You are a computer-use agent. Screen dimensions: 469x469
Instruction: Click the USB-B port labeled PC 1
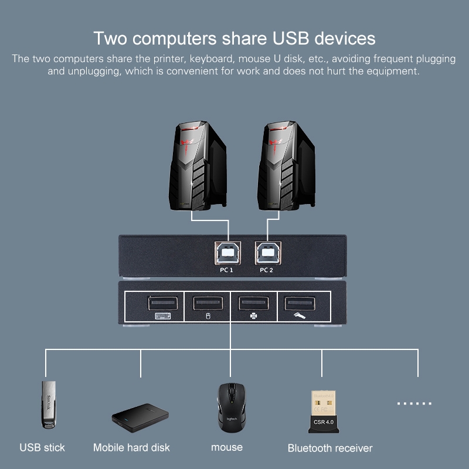click(x=227, y=253)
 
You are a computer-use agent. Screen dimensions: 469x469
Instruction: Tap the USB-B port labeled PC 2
click(x=268, y=253)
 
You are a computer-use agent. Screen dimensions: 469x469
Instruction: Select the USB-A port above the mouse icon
click(x=208, y=303)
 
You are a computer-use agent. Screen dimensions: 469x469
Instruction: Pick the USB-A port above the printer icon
click(x=254, y=303)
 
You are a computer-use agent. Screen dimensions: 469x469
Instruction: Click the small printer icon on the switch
click(x=254, y=316)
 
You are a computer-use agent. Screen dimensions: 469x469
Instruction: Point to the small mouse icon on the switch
click(x=208, y=316)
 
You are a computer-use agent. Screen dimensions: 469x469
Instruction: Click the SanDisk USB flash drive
click(x=49, y=405)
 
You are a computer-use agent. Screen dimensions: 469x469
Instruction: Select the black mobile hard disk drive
click(x=140, y=417)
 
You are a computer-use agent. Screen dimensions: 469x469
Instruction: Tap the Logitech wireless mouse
click(x=231, y=407)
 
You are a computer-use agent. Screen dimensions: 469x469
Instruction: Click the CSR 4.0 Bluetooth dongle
click(x=324, y=412)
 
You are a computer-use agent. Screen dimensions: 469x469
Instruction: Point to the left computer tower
click(x=198, y=166)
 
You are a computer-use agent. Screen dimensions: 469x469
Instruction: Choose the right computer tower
click(x=286, y=166)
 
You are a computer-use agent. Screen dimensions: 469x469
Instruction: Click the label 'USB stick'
click(x=42, y=448)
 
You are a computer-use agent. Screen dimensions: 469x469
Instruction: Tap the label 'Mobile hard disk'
click(x=131, y=448)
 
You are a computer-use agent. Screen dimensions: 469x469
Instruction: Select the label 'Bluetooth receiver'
click(x=330, y=448)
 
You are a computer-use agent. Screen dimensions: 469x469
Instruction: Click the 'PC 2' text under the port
click(x=266, y=270)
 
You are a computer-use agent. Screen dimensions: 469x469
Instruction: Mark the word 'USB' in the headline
click(x=290, y=38)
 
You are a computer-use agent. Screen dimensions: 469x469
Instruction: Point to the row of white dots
click(x=414, y=403)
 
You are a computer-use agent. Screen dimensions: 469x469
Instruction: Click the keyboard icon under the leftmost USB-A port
click(x=163, y=316)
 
